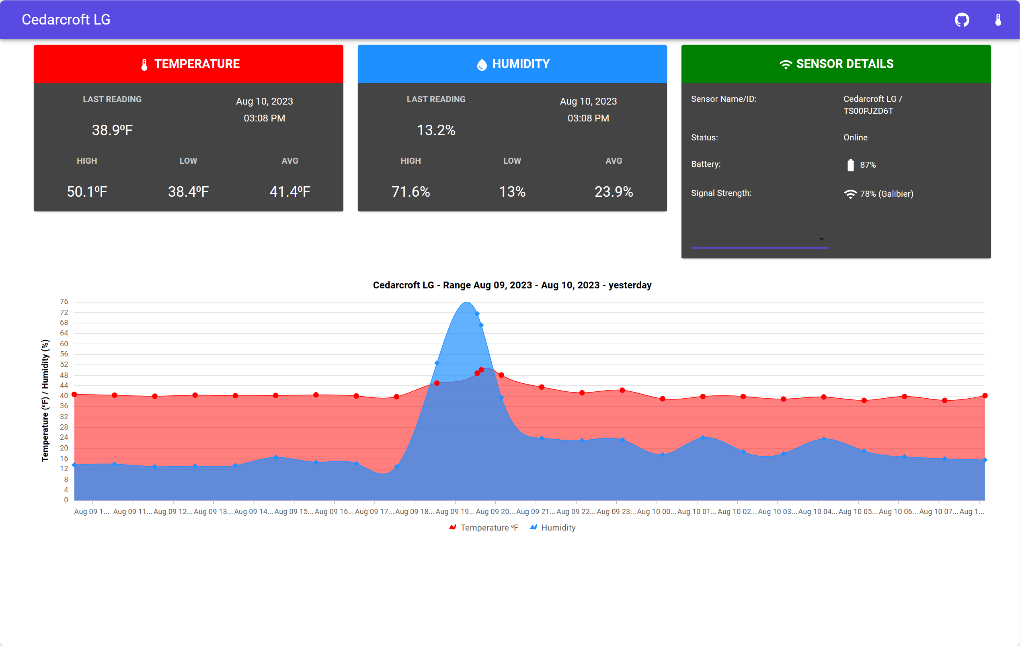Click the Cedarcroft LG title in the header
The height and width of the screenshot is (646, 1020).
click(x=66, y=19)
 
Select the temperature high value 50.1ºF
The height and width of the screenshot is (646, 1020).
click(x=87, y=191)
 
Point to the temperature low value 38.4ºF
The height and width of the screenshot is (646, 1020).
click(x=188, y=191)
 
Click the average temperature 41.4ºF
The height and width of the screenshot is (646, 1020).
click(x=290, y=191)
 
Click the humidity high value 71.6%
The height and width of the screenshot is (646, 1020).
click(x=410, y=191)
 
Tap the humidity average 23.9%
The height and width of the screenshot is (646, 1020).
click(x=614, y=191)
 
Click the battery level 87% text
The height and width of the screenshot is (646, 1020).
click(x=868, y=165)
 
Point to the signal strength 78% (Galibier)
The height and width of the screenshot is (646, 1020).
click(x=886, y=194)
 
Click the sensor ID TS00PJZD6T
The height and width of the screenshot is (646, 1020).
click(x=868, y=111)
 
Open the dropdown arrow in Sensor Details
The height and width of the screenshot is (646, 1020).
click(x=821, y=239)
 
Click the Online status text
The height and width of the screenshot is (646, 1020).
click(x=855, y=137)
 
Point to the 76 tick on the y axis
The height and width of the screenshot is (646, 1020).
click(x=64, y=302)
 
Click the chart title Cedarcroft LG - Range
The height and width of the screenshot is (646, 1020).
click(x=512, y=285)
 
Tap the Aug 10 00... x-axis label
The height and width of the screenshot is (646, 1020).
click(x=656, y=511)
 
